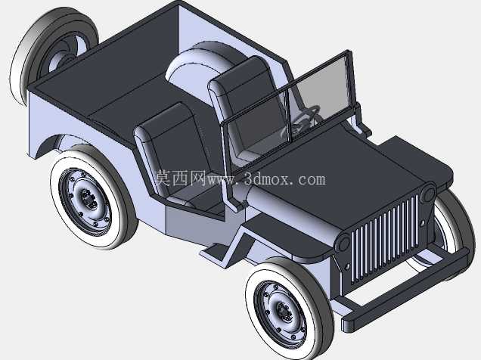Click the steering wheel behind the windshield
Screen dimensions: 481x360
303,120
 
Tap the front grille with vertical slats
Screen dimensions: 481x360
385,239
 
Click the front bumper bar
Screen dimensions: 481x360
405,289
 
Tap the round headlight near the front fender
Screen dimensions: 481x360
343,244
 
